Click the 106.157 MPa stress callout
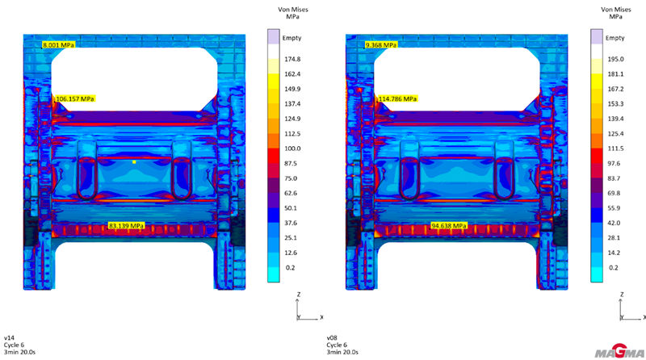(74, 98)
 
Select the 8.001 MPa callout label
(58, 45)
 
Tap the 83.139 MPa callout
(127, 226)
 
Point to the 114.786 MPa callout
(397, 98)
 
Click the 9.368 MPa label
(381, 45)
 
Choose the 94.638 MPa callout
(449, 226)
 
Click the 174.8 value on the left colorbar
(292, 59)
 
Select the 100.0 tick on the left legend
(292, 149)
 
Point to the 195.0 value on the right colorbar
(615, 59)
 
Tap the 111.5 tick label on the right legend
(615, 149)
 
